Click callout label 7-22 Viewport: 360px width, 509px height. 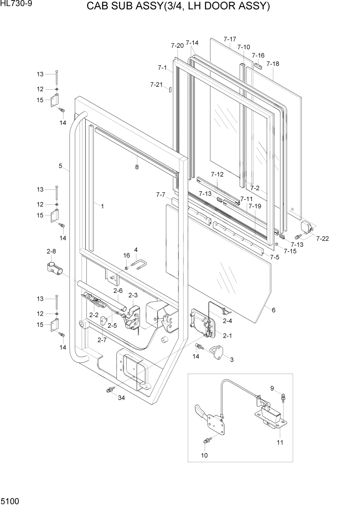(x=323, y=239)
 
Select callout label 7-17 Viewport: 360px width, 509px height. (x=230, y=39)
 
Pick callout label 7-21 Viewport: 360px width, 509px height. (x=156, y=84)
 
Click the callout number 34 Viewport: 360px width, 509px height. (x=121, y=398)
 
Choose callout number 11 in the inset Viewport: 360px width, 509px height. (x=280, y=442)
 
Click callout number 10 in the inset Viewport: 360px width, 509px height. (x=204, y=455)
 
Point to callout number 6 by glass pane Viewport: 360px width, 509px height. (x=273, y=310)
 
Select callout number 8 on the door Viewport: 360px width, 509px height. (x=137, y=167)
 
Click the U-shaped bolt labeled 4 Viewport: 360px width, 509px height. (x=140, y=265)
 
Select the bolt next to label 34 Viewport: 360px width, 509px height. (x=109, y=391)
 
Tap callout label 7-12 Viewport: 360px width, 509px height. (x=217, y=174)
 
